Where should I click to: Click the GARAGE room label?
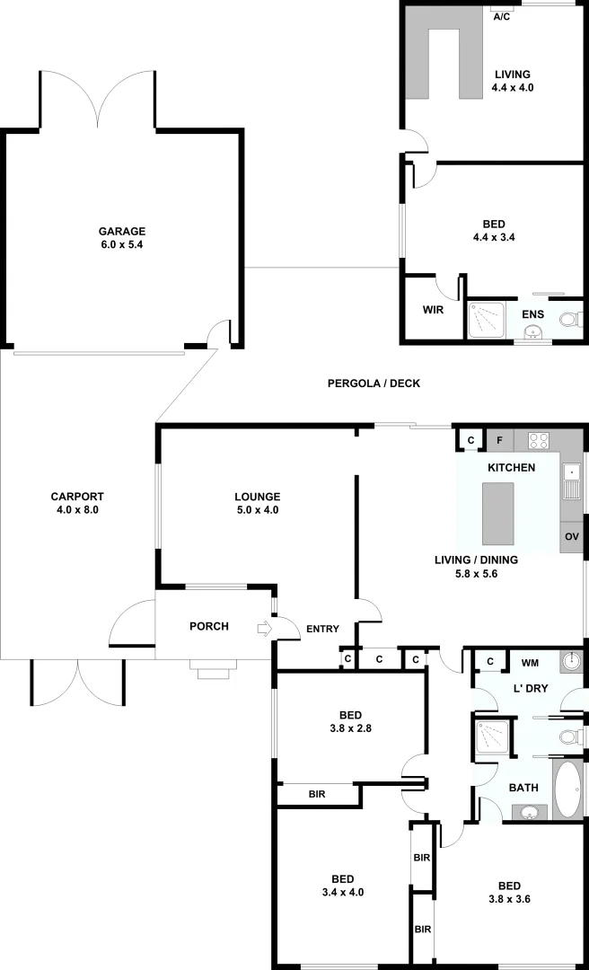click(122, 231)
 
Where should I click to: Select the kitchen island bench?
click(498, 514)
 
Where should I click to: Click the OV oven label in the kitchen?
click(572, 536)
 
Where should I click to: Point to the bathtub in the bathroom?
click(567, 789)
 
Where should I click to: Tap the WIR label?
click(433, 310)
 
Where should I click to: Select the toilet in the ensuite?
click(569, 319)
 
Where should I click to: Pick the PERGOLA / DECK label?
click(374, 384)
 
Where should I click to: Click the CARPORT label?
click(77, 497)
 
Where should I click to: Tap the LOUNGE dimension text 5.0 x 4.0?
click(258, 510)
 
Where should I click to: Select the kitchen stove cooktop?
click(538, 440)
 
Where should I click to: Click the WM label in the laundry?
click(530, 663)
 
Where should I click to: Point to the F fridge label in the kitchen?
click(499, 440)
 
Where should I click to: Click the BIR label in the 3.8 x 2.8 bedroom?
click(317, 794)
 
